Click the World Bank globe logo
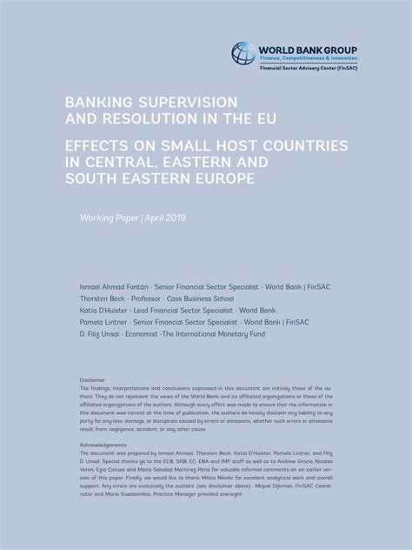243,53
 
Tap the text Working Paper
108,217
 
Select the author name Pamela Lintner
103,322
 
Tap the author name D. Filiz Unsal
99,334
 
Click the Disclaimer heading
92,380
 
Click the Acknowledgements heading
103,445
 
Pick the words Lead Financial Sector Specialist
183,310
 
